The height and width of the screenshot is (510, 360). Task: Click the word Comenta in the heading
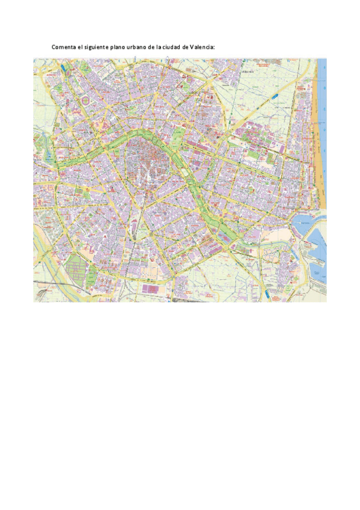click(64, 46)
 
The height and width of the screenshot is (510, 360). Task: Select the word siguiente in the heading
click(102, 46)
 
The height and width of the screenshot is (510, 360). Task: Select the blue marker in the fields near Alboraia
click(275, 96)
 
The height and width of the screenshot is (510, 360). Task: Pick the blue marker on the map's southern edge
click(264, 293)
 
